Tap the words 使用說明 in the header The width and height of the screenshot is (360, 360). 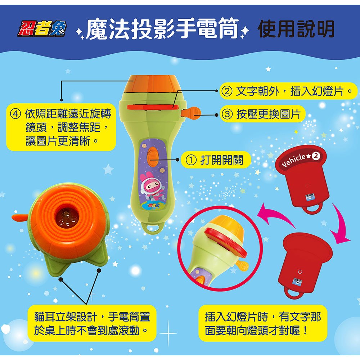(x=296, y=29)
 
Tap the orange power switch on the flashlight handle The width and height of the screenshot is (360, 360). (x=152, y=155)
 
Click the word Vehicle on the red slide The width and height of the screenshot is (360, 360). (x=293, y=161)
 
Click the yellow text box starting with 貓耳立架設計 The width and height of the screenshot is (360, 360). (x=93, y=323)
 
